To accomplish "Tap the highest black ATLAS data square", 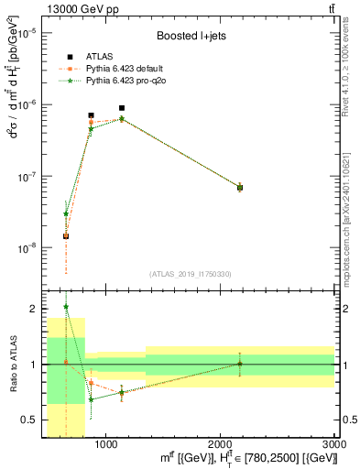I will click(122, 108).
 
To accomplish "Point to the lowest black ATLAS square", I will click(66, 235).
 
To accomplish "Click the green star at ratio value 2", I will click(66, 307).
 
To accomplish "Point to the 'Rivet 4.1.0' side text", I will click(353, 82).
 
